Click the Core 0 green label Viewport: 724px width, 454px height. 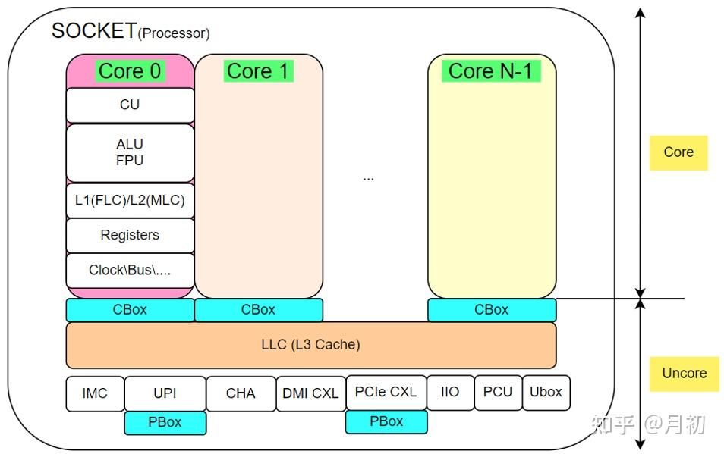click(x=130, y=71)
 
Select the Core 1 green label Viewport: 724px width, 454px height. click(x=258, y=71)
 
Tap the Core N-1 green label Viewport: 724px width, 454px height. click(x=491, y=71)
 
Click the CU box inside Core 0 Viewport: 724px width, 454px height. click(x=130, y=105)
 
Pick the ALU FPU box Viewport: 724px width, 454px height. click(x=130, y=152)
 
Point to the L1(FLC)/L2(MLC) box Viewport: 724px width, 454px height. click(x=130, y=202)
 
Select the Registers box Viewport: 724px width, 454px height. click(x=130, y=236)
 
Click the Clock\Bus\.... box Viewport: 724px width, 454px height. click(x=130, y=270)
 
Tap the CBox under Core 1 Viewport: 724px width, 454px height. click(x=258, y=310)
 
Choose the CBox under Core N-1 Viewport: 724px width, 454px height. click(x=491, y=310)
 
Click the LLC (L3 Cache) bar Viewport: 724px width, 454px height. click(x=310, y=345)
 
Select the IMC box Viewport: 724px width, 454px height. click(x=95, y=393)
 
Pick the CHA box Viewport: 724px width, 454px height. click(x=241, y=393)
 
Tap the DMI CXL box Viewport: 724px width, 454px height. click(x=310, y=393)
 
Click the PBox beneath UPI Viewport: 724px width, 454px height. click(x=165, y=422)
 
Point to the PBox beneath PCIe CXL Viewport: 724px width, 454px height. click(x=386, y=421)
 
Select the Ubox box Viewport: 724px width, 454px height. click(x=546, y=393)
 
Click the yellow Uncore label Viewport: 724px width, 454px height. click(x=684, y=374)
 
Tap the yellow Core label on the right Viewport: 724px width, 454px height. click(x=678, y=152)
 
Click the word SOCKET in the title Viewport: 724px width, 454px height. click(x=94, y=31)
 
